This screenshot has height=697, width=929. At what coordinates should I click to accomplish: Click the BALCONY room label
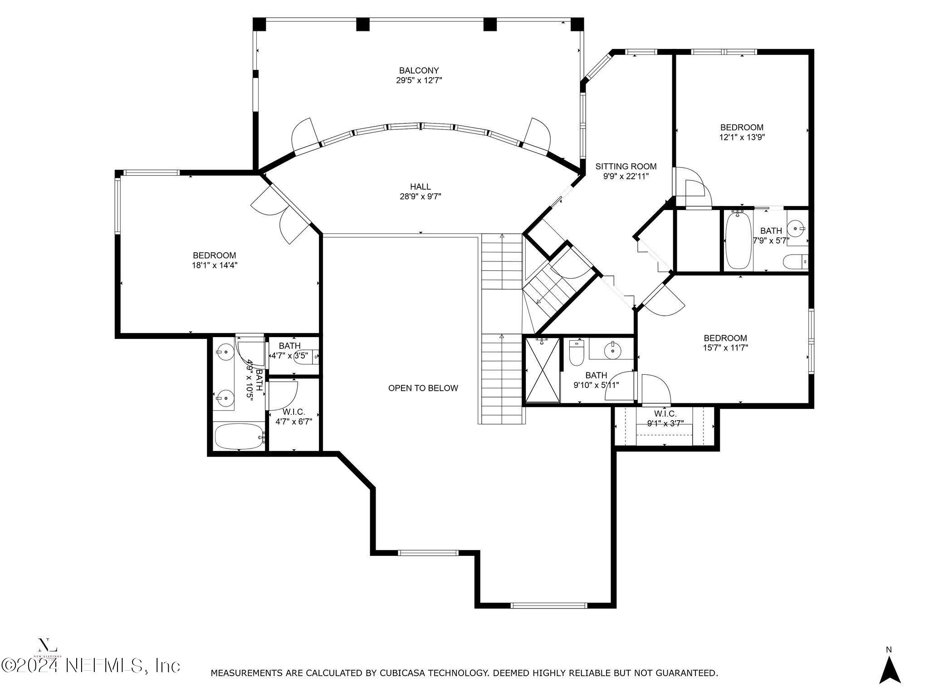419,71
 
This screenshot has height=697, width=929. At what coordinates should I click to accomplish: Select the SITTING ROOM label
626,167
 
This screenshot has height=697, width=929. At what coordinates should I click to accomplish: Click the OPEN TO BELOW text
423,388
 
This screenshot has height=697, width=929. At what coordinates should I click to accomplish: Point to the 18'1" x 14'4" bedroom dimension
215,265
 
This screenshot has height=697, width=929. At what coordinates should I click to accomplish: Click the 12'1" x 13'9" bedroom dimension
742,137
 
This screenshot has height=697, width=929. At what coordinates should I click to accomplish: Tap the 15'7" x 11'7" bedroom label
725,338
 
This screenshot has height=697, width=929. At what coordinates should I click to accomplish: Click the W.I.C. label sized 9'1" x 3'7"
665,414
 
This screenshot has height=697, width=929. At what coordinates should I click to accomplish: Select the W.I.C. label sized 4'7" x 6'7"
293,412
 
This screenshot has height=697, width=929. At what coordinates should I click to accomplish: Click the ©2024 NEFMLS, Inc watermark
91,666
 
